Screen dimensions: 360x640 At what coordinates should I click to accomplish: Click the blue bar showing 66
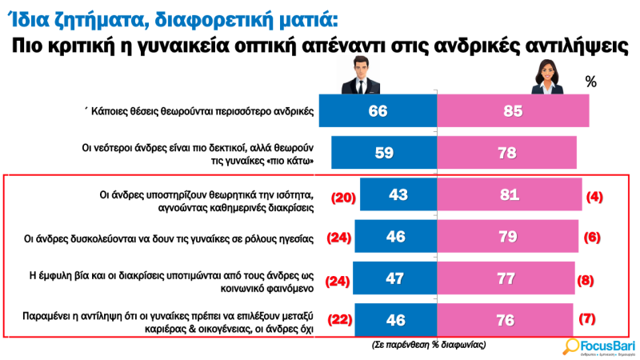click(378, 110)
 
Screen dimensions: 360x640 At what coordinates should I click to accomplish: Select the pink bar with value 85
click(513, 110)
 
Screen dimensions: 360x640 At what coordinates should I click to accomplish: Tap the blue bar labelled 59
click(384, 152)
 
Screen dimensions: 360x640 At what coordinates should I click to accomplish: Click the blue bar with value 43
click(398, 194)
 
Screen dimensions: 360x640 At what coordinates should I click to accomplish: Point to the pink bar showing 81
click(510, 194)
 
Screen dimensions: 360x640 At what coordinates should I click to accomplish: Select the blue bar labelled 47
click(394, 279)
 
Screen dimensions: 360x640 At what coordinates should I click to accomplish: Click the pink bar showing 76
click(505, 320)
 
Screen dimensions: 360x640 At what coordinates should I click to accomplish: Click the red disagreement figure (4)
click(594, 195)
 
